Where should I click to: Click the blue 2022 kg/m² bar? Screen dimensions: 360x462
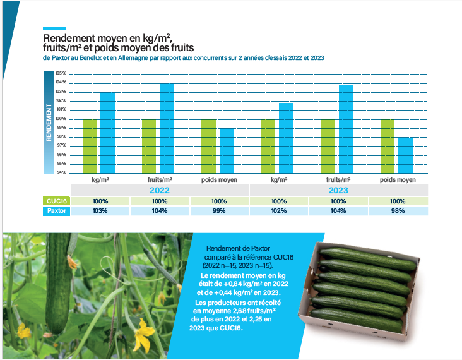click(x=108, y=133)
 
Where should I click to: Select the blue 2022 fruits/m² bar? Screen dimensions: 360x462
click(x=167, y=128)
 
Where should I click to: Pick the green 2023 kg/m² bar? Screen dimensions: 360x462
click(x=268, y=146)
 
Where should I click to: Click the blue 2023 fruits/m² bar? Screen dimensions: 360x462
click(x=346, y=129)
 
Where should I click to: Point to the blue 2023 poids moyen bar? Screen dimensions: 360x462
click(x=405, y=155)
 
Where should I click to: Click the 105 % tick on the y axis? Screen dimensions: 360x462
click(x=61, y=74)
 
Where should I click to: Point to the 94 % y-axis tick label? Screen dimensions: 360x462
click(x=61, y=172)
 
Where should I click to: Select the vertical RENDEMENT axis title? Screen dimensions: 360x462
click(x=49, y=123)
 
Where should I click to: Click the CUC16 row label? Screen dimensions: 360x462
click(x=56, y=201)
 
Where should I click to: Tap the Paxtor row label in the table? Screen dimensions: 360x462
click(x=56, y=211)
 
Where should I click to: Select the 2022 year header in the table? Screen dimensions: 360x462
click(x=160, y=190)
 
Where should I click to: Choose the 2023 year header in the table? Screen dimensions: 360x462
click(x=338, y=190)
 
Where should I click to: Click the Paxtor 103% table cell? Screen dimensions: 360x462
click(x=101, y=211)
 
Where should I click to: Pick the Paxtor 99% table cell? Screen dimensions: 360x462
click(x=220, y=211)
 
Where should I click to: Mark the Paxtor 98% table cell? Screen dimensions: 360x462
click(x=398, y=211)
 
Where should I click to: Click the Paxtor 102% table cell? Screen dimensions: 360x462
click(x=279, y=211)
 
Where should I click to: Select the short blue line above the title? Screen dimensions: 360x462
click(x=54, y=28)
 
